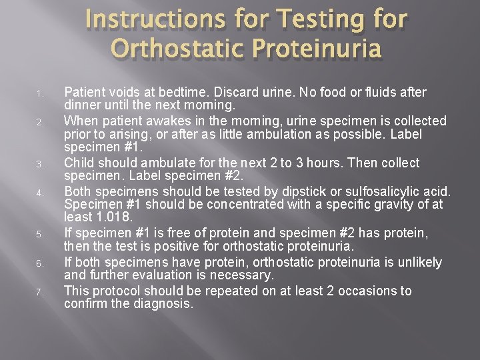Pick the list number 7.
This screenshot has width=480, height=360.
[x=39, y=292]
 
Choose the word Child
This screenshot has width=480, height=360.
[x=79, y=163]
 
